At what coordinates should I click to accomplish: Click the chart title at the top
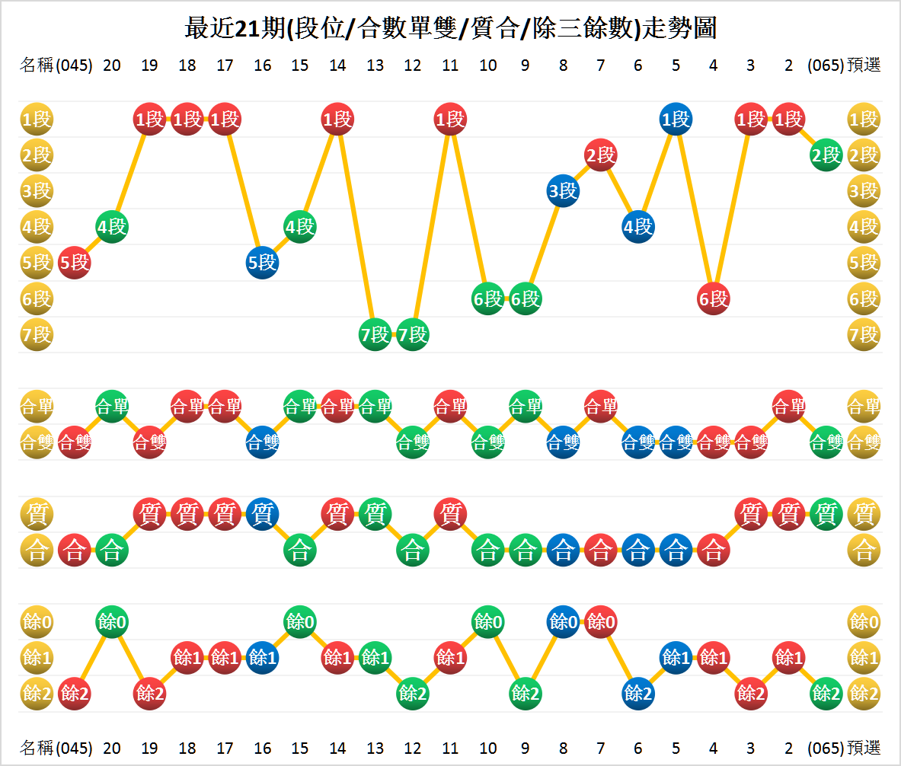click(x=450, y=28)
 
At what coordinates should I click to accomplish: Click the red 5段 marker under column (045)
click(x=74, y=263)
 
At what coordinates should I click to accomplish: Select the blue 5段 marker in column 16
click(x=262, y=263)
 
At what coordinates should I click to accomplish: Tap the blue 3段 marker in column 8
click(x=563, y=191)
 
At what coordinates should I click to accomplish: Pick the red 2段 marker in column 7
click(x=600, y=155)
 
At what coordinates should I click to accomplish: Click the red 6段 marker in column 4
click(x=713, y=298)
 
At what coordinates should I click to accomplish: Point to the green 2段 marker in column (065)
click(x=826, y=155)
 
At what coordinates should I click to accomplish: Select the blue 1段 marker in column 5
click(x=676, y=120)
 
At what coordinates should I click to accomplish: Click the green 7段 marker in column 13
click(x=375, y=334)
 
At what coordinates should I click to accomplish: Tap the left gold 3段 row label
click(x=36, y=191)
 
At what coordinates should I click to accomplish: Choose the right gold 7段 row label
click(x=864, y=334)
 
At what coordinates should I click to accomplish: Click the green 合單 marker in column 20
click(x=112, y=407)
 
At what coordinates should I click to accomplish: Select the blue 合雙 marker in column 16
click(x=262, y=442)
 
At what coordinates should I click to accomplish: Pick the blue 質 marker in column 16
click(x=262, y=514)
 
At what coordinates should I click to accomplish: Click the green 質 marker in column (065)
click(x=826, y=514)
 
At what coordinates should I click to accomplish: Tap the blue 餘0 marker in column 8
click(x=563, y=622)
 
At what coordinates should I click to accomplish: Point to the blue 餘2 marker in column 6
click(x=638, y=694)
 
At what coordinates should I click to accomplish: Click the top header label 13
click(x=375, y=65)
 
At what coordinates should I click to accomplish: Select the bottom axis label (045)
click(x=74, y=747)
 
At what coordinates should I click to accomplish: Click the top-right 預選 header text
click(x=864, y=65)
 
